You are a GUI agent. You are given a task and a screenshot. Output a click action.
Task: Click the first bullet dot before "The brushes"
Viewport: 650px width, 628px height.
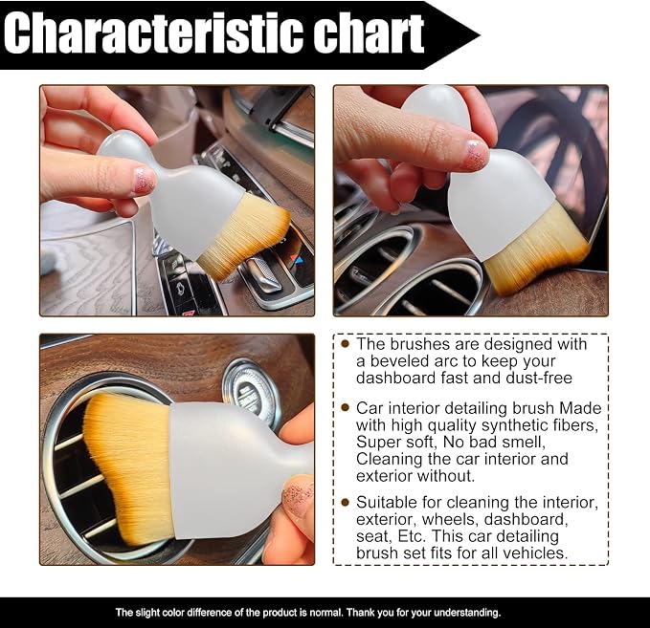[345, 343]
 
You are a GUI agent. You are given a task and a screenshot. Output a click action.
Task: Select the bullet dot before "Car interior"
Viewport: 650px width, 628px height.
[345, 407]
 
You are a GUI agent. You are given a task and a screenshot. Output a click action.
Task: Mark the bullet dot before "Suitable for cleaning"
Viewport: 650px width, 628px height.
[345, 502]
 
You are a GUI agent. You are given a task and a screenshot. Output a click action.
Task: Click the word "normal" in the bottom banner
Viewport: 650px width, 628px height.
[324, 613]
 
